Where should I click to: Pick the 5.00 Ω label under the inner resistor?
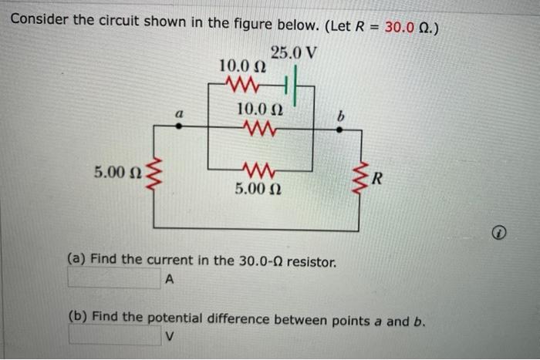[258, 187]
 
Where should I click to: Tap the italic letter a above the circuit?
[179, 113]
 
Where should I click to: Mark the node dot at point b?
[339, 130]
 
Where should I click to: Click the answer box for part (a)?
[116, 279]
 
